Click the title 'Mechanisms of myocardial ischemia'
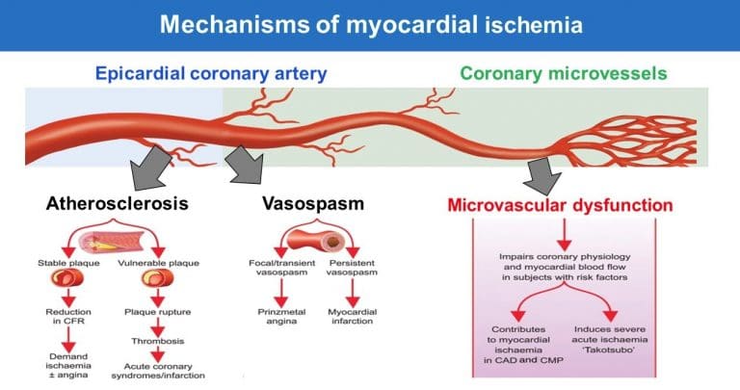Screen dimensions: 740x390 [371, 24]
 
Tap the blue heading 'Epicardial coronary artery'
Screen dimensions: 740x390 [211, 74]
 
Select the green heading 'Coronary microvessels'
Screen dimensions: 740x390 [564, 73]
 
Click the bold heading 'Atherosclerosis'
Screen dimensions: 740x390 [117, 203]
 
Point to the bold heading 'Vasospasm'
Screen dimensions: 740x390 [313, 204]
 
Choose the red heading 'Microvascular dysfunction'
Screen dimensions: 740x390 [560, 205]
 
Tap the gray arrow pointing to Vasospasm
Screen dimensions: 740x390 [245, 165]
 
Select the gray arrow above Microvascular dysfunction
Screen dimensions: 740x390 [542, 175]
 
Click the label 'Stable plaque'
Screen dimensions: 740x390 [69, 263]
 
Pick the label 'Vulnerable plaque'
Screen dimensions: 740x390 [159, 263]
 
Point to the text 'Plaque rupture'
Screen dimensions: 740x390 [158, 312]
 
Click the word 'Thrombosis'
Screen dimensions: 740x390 [158, 341]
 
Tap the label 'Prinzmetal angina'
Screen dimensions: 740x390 [281, 317]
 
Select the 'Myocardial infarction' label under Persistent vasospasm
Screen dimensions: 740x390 [352, 317]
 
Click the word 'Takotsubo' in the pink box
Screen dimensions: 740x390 [609, 350]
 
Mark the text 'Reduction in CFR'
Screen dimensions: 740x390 [68, 317]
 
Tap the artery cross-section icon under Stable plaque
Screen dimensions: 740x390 [67, 278]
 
